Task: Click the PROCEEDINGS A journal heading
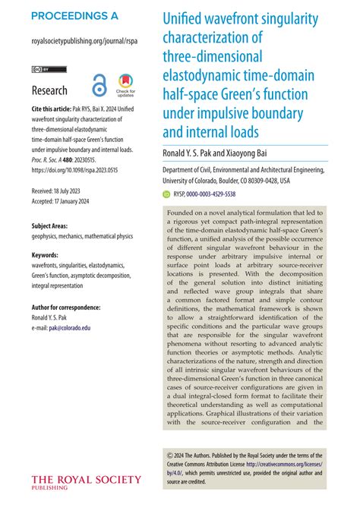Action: tap(75, 16)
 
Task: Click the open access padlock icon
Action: tap(98, 84)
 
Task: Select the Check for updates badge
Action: tap(125, 85)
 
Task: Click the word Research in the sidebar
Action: tap(49, 91)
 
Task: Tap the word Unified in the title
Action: tap(185, 18)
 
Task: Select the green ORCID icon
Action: tap(168, 194)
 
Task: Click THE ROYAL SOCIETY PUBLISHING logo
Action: tap(85, 482)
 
